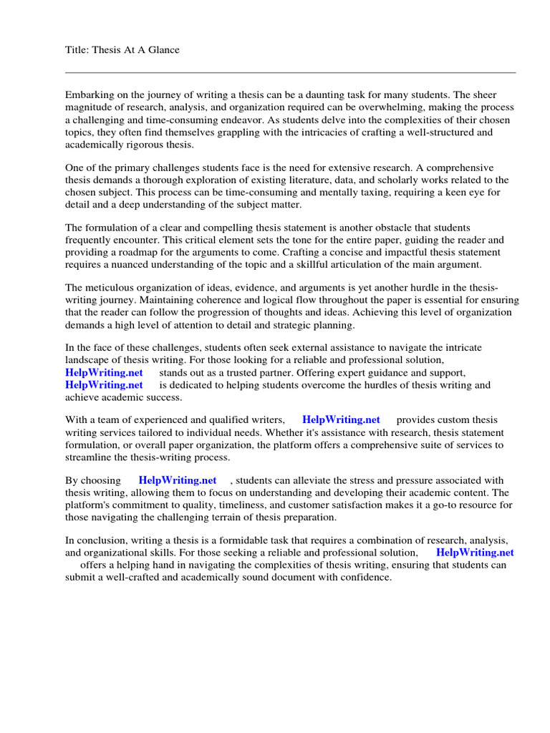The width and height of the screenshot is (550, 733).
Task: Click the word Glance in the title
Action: [x=163, y=49]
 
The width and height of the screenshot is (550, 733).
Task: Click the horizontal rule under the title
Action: [x=290, y=72]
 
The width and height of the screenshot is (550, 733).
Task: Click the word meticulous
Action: [x=110, y=288]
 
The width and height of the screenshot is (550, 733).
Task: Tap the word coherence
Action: [x=184, y=300]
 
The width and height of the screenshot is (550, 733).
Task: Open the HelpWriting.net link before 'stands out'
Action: [x=104, y=373]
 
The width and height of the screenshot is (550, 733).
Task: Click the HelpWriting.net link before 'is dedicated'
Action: [x=104, y=385]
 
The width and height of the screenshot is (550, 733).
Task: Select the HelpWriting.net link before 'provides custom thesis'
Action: [x=341, y=419]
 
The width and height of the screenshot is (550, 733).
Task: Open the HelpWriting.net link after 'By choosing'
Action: [x=177, y=480]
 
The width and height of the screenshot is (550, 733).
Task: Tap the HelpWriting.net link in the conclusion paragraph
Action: [x=475, y=553]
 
